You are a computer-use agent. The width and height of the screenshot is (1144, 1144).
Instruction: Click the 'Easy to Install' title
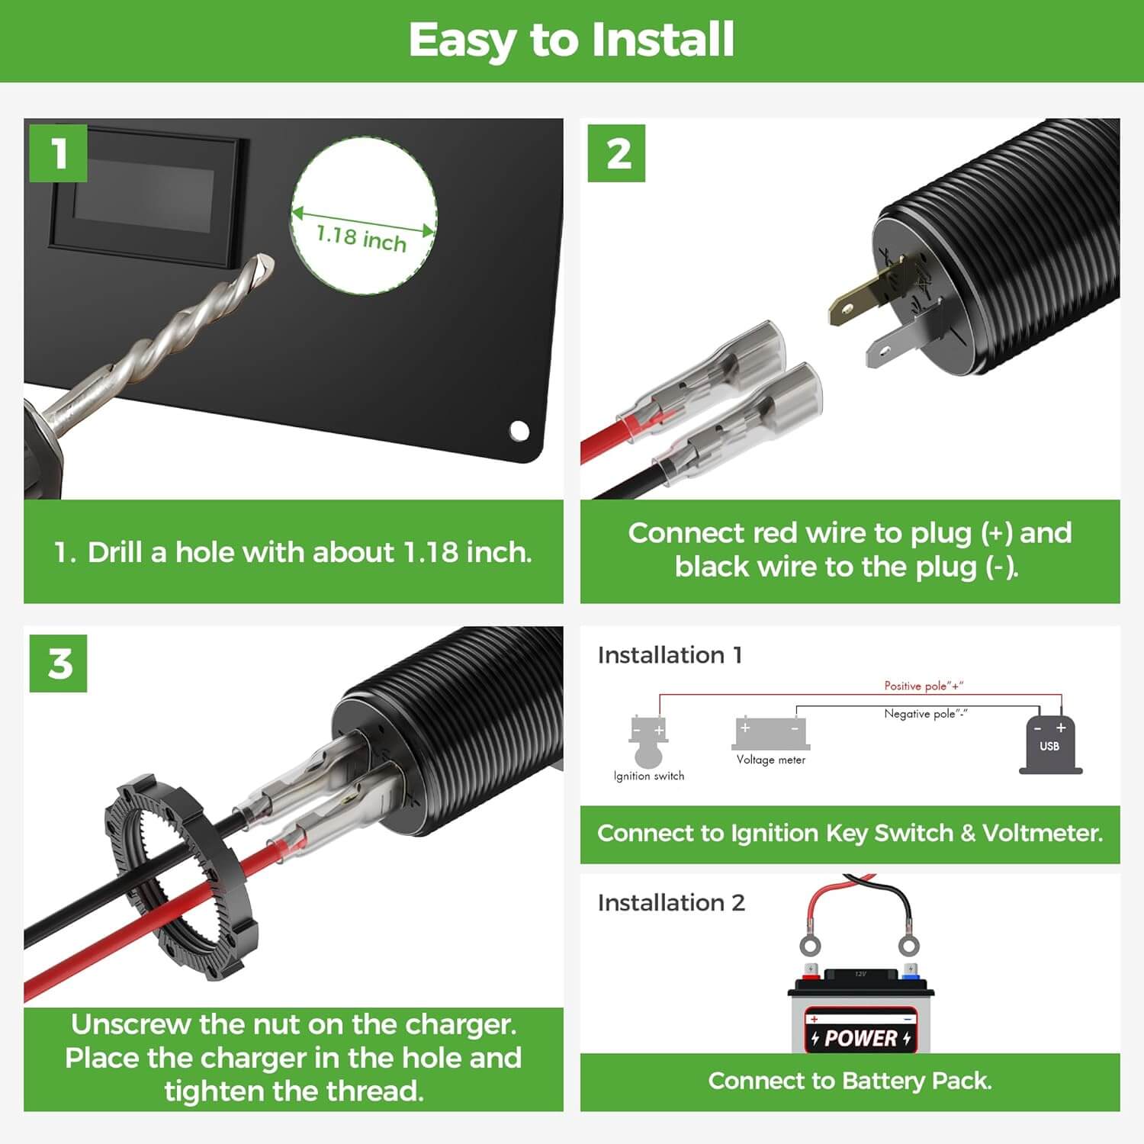(571, 40)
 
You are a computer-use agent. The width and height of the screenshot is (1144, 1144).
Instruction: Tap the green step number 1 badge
(58, 153)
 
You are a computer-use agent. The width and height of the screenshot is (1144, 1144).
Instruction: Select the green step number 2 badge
(616, 153)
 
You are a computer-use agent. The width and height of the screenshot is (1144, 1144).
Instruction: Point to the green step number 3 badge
(58, 664)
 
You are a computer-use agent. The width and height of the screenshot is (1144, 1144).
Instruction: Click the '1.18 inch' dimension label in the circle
(362, 238)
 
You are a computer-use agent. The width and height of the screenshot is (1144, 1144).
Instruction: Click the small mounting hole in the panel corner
(519, 431)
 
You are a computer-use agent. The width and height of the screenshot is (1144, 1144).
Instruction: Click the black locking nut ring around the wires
(180, 877)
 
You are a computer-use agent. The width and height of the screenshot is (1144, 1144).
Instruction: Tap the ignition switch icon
(648, 741)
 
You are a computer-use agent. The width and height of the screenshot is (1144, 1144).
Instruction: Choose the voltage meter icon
(770, 734)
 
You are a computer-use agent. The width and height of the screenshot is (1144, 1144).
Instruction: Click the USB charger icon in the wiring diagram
(1049, 745)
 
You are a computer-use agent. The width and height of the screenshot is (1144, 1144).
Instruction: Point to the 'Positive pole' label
(923, 686)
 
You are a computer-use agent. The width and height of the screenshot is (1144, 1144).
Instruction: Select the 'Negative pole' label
(925, 714)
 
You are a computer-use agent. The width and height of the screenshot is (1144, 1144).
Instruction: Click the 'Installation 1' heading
(670, 655)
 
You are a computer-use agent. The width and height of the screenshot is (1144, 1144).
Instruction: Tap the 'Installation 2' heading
(671, 903)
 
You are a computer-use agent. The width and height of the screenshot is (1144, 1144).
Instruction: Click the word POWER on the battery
(860, 1038)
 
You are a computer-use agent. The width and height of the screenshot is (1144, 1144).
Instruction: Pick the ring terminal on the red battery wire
(810, 946)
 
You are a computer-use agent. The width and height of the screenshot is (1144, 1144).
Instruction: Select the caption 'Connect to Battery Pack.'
(850, 1081)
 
